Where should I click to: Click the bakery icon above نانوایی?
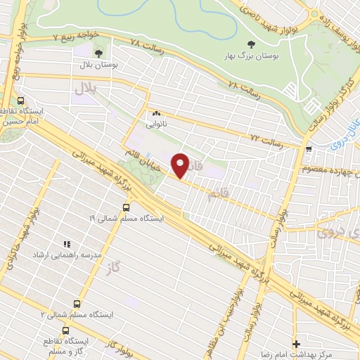tap(155, 113)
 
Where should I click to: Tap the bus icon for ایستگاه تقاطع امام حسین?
tap(21, 101)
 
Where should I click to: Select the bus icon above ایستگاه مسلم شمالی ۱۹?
tap(126, 207)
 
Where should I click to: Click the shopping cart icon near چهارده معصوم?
tap(309, 148)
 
